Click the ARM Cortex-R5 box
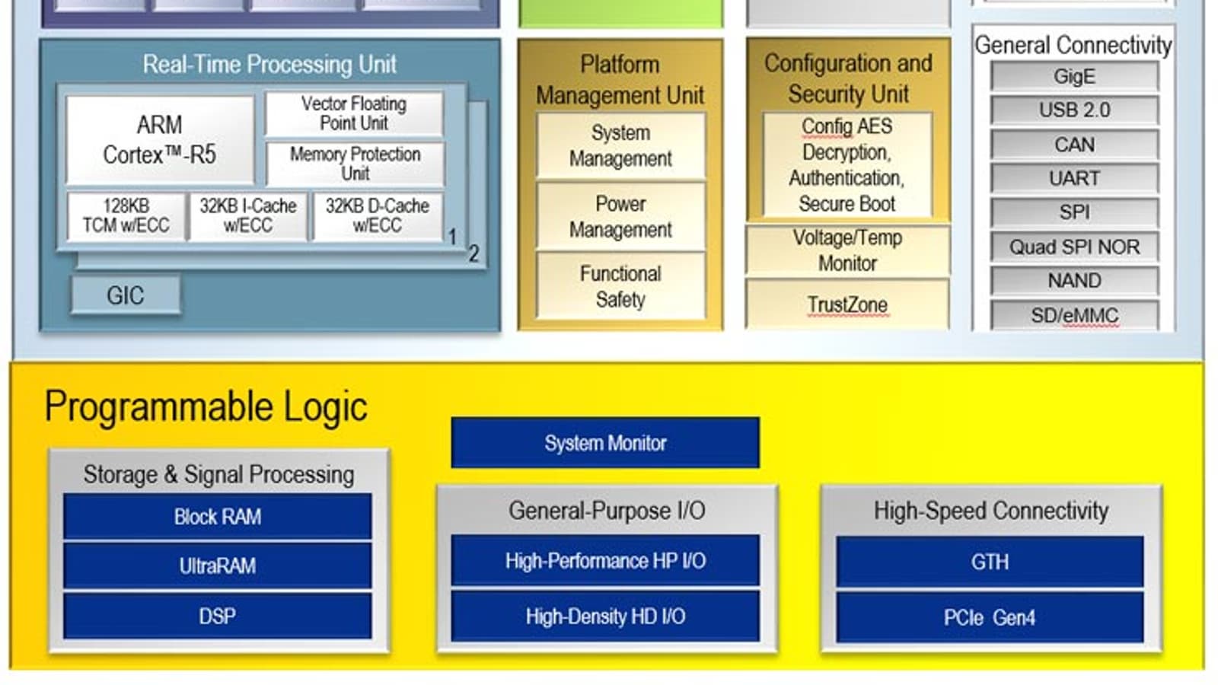(x=160, y=140)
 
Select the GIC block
(x=126, y=295)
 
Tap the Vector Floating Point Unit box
(x=354, y=113)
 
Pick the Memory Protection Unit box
(x=355, y=164)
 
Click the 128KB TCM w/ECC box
(x=126, y=216)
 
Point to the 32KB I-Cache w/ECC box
(x=248, y=216)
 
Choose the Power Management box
(x=620, y=217)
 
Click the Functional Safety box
(x=620, y=286)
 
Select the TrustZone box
(x=847, y=304)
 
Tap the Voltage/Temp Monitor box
(x=847, y=250)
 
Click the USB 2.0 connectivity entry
(x=1074, y=110)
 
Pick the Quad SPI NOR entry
(x=1074, y=247)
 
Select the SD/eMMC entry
(x=1074, y=315)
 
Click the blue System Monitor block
(x=605, y=443)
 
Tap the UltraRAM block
(x=218, y=566)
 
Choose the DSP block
(x=218, y=616)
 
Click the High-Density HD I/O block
(x=605, y=616)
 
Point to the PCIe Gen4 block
(x=990, y=617)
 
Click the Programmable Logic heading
(x=206, y=406)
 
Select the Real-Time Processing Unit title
(x=269, y=64)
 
